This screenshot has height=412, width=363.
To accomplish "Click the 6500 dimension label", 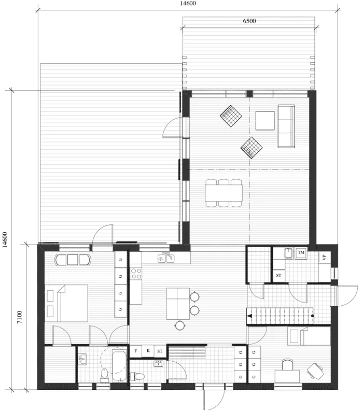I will click(x=249, y=21).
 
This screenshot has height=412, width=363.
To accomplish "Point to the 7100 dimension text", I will click(x=19, y=317).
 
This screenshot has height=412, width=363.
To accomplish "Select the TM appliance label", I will click(x=302, y=252).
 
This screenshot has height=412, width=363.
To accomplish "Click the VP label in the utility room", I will click(x=324, y=258).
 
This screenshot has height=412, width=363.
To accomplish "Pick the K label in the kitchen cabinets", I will click(x=148, y=351).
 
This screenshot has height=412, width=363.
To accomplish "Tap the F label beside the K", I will click(x=136, y=351).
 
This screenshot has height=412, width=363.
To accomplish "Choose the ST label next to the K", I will click(x=160, y=351).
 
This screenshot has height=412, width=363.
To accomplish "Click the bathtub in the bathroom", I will click(x=115, y=365).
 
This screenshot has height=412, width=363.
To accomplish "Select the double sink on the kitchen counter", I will click(x=166, y=257).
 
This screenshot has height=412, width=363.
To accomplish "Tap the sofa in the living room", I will click(x=286, y=125).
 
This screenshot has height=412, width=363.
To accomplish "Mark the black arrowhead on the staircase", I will click(x=249, y=315).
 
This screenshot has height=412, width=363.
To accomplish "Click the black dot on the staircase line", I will click(x=312, y=315).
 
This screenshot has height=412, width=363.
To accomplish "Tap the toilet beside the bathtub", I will click(x=104, y=374).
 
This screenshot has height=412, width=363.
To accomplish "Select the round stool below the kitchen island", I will click(x=179, y=325).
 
